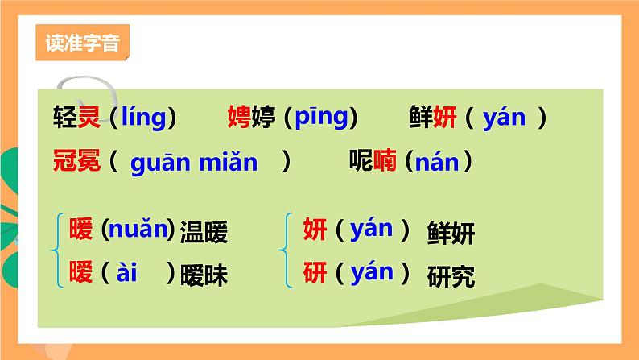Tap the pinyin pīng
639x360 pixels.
(321, 118)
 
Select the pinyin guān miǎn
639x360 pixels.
(194, 162)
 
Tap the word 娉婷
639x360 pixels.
(251, 118)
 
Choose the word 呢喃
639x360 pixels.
(372, 162)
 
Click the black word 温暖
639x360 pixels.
(204, 234)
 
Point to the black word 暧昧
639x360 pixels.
(204, 276)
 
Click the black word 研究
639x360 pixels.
(451, 276)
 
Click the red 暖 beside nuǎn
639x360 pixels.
(81, 230)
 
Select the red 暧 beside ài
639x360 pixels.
(81, 273)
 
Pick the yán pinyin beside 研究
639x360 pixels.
(373, 272)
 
